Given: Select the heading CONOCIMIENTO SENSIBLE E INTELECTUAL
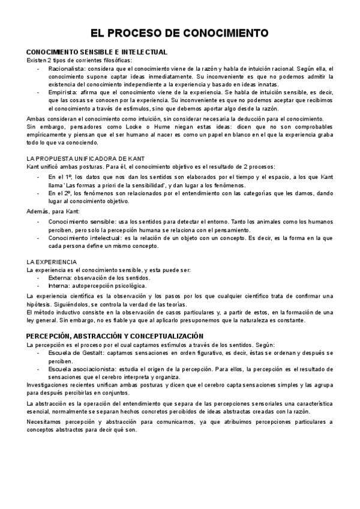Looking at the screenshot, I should (x=97, y=52).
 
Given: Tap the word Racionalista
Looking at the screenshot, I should (x=66, y=69).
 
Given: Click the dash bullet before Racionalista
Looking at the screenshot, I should (x=39, y=69).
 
